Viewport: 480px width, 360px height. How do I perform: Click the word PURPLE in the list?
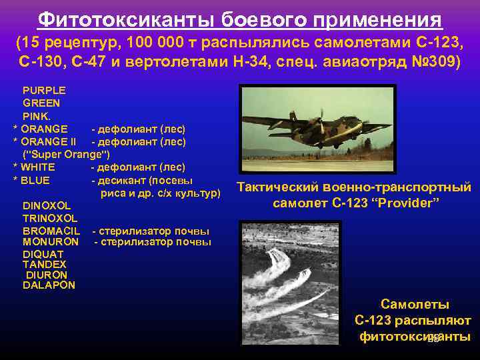43,90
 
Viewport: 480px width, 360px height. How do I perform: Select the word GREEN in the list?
41,103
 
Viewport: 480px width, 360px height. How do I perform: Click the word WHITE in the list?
37,167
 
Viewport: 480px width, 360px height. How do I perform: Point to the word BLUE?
35,180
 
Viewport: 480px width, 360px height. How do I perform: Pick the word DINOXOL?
46,205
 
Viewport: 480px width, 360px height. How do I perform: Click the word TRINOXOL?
50,218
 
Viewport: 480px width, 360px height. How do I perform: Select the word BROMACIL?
51,231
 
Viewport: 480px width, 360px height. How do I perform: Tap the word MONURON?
51,241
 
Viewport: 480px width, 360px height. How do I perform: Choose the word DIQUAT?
43,254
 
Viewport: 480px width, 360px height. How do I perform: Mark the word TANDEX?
44,264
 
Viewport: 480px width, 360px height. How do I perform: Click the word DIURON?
47,275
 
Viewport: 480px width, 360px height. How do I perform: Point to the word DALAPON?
49,285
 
